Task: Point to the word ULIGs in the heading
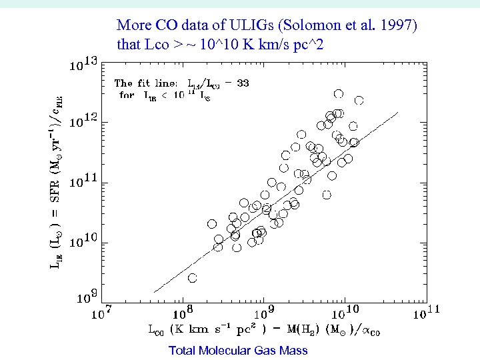pyautogui.click(x=219, y=26)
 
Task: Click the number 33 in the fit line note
pyautogui.click(x=243, y=83)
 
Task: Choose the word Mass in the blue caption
pyautogui.click(x=294, y=350)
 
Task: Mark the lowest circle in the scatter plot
pyautogui.click(x=193, y=277)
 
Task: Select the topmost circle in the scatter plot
pyautogui.click(x=339, y=94)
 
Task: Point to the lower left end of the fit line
pyautogui.click(x=155, y=292)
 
